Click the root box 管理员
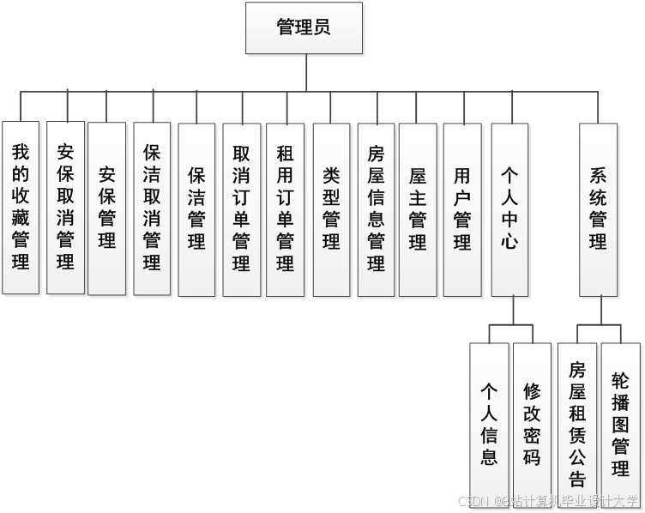(304, 27)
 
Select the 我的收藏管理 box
(21, 208)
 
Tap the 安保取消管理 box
(66, 208)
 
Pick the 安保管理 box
(107, 208)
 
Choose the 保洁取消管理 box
(152, 208)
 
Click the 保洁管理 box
(196, 210)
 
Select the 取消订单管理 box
(241, 210)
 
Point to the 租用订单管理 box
(286, 210)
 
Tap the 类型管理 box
(331, 210)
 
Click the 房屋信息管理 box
(376, 210)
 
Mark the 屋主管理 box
(418, 210)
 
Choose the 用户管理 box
(462, 210)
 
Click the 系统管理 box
(598, 210)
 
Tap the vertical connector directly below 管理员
(306, 73)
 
